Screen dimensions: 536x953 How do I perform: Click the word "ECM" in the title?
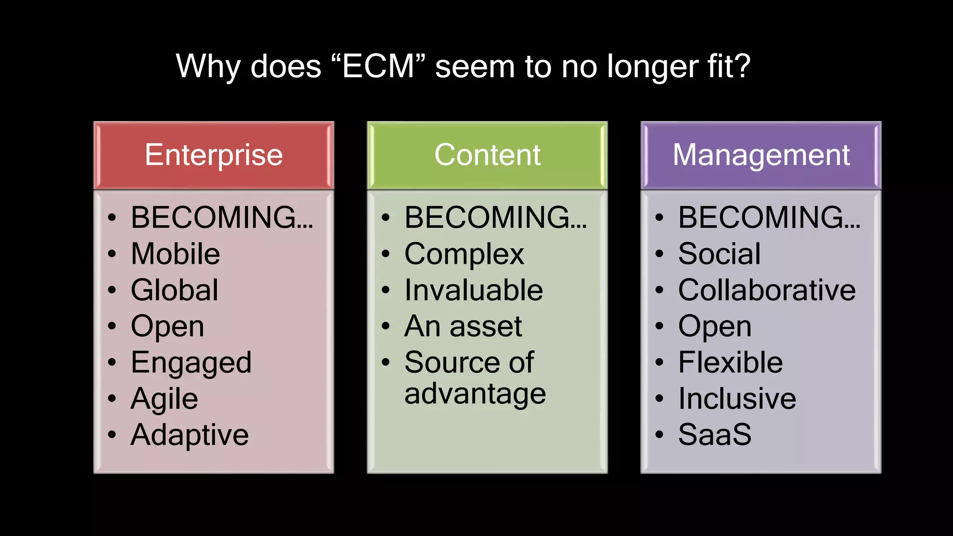coord(378,66)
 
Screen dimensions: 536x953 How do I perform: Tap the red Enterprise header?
coord(214,155)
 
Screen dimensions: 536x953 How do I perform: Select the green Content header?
coord(487,155)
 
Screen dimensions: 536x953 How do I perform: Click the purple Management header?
coord(761,155)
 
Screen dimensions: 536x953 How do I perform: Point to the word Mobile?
coord(175,254)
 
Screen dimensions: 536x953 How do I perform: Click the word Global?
coord(174,290)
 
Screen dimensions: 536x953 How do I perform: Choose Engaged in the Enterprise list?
coord(191,363)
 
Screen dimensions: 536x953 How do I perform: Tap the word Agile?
coord(164,399)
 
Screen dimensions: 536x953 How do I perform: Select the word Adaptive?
coord(189,435)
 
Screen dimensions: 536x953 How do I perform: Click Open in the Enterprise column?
coord(168,327)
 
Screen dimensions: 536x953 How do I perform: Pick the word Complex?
coord(464,254)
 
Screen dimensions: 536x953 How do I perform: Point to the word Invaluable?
coord(473,290)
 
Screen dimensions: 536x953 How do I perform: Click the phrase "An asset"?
coord(463,326)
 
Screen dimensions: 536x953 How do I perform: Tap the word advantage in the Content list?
coord(475,394)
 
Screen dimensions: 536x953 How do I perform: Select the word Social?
coord(719,254)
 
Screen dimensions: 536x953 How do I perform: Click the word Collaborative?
coord(766,290)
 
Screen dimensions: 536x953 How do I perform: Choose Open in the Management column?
coord(715,327)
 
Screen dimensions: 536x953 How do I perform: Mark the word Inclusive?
coord(737,399)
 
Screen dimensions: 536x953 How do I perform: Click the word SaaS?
coord(715,435)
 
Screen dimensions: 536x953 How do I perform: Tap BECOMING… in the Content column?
coord(496,217)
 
